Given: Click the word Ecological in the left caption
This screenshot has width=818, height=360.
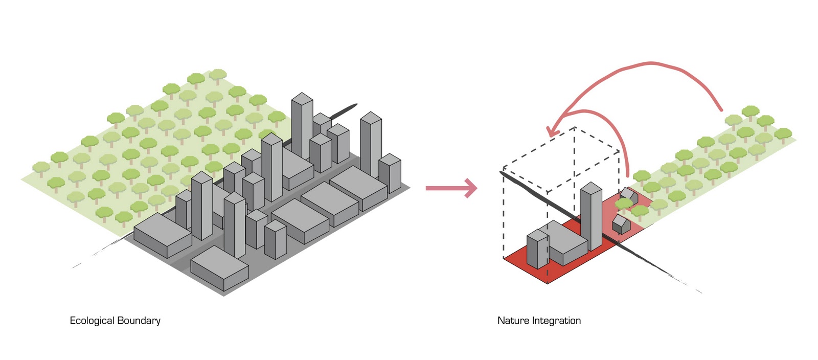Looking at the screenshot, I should click(x=92, y=321).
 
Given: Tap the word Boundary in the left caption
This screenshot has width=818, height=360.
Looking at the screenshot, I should click(x=139, y=321).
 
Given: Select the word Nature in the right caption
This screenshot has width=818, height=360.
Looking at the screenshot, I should click(x=513, y=321).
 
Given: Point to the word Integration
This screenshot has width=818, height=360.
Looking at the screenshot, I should click(x=556, y=321).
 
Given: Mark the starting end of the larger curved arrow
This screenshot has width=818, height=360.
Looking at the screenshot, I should click(x=721, y=109).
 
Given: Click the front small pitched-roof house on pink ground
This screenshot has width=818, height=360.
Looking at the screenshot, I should click(x=621, y=224).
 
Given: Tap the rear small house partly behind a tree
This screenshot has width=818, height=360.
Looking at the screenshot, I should click(x=628, y=195).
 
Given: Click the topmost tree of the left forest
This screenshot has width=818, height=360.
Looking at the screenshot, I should click(x=218, y=76).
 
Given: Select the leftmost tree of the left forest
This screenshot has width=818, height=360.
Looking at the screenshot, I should click(x=41, y=168).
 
